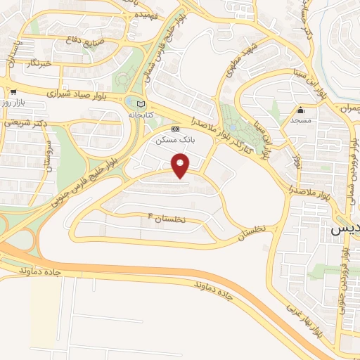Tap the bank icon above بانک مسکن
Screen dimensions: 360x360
pos(175,129)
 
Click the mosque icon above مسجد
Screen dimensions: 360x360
pos(301,110)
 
